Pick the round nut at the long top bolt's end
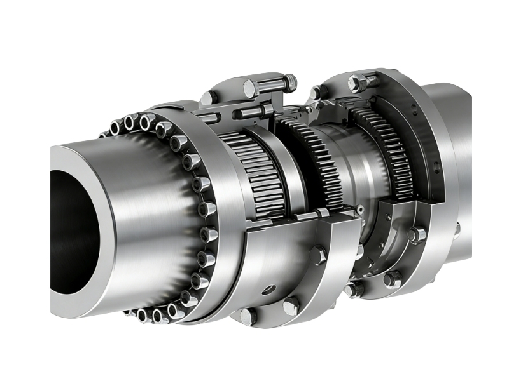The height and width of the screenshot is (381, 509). (290, 81)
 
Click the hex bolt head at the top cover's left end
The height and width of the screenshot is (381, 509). (207, 98)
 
